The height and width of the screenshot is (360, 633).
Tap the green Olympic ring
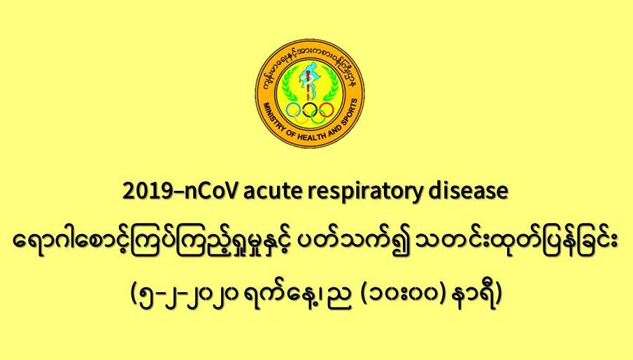(x=318, y=117)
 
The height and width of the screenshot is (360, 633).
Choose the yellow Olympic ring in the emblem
(x=301, y=117)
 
